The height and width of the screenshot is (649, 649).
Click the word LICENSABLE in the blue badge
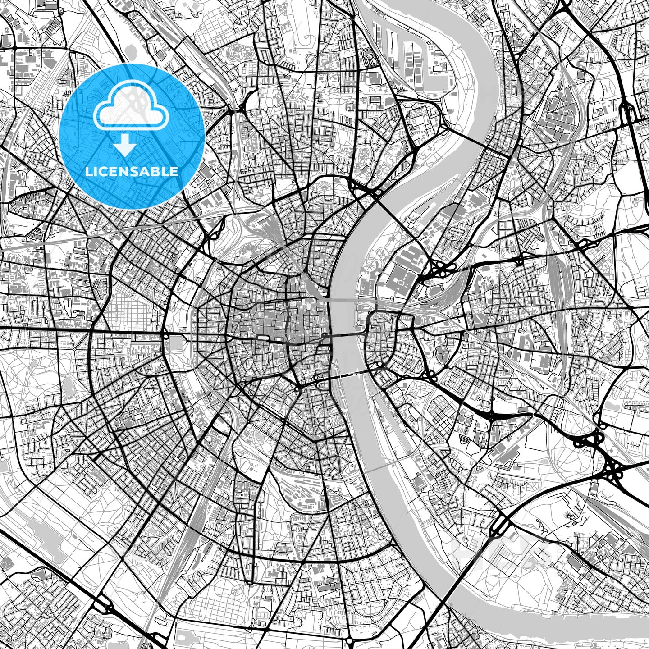click(x=132, y=172)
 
